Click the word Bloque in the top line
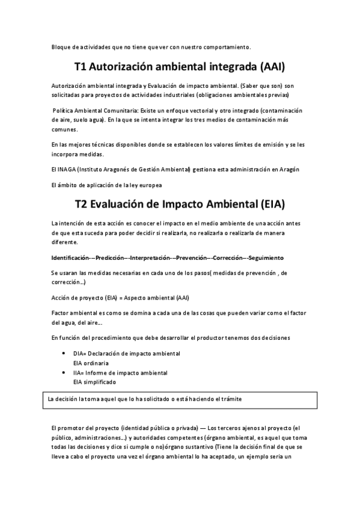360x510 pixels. [x=61, y=46]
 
